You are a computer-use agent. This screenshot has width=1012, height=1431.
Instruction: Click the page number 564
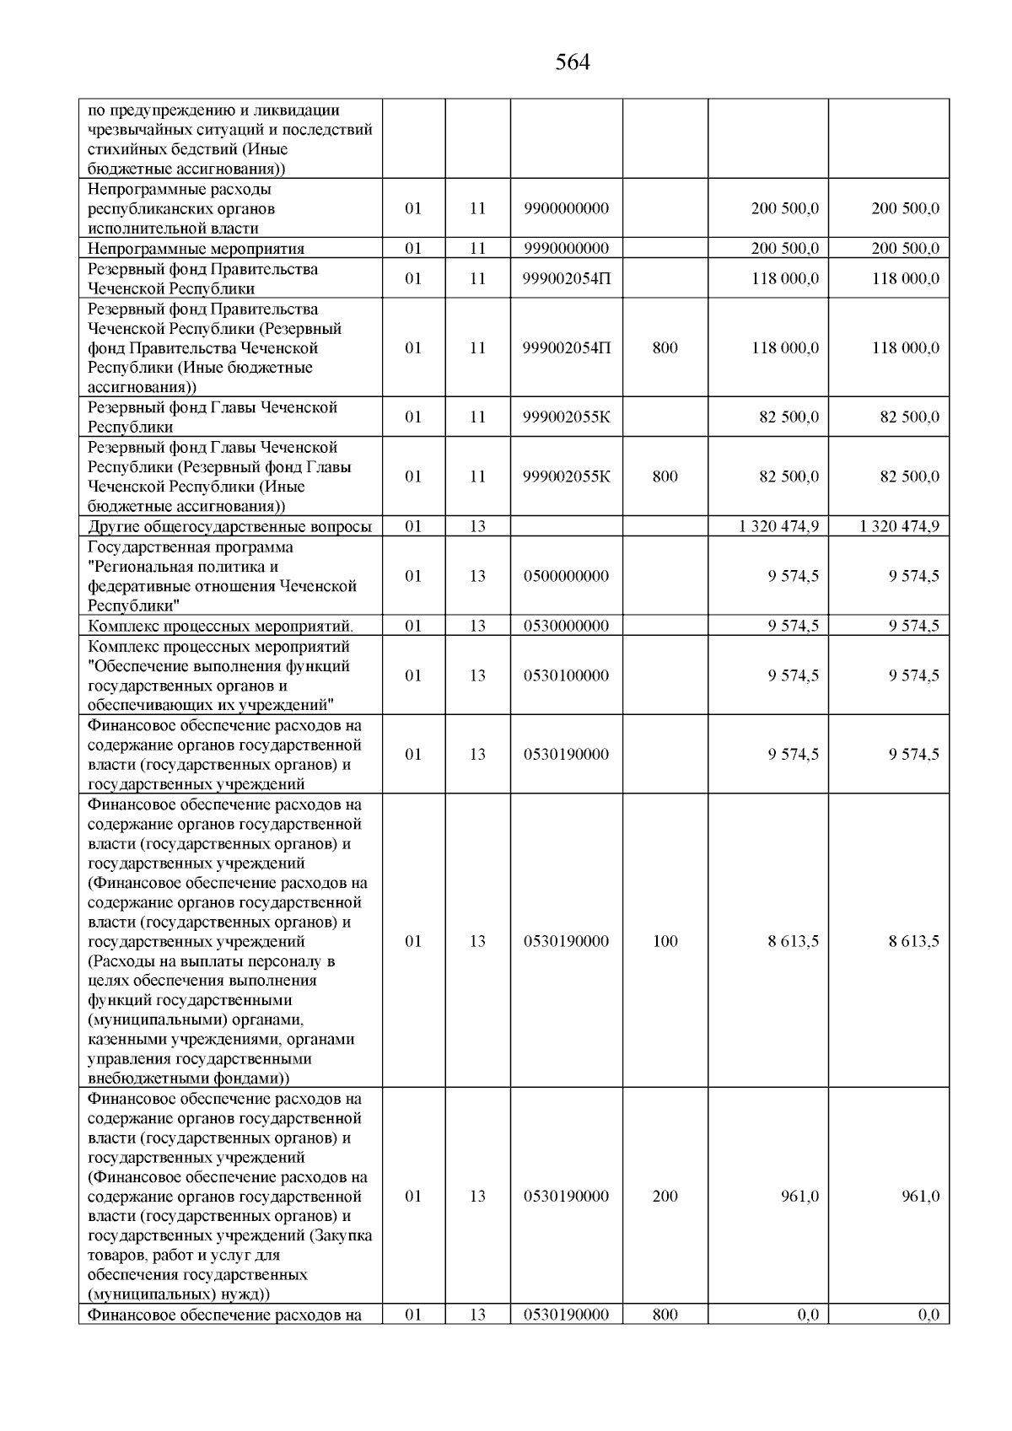[573, 63]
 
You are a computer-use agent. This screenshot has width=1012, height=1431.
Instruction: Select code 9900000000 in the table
[566, 208]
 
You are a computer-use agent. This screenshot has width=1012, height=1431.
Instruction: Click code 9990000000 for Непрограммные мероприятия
[566, 249]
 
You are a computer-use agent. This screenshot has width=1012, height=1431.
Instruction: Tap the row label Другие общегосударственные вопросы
[229, 527]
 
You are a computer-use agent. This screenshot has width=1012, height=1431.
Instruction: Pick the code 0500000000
[566, 577]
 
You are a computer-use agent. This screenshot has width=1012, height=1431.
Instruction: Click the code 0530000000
[566, 626]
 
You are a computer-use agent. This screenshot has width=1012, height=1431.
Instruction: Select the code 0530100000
[566, 675]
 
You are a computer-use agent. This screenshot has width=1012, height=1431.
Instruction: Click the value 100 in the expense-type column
[665, 941]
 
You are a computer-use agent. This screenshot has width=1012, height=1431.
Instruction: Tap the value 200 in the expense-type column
[665, 1197]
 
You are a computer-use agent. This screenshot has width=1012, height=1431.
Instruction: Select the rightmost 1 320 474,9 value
[899, 527]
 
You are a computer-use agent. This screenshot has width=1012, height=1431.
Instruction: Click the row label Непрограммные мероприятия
[196, 249]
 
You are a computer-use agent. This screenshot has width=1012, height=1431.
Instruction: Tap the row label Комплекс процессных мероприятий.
[220, 626]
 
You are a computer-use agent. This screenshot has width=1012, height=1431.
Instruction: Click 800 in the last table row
[665, 1315]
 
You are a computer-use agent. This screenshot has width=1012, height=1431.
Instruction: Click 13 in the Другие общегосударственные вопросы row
[477, 527]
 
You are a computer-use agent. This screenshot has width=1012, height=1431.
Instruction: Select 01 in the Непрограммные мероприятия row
[413, 249]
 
